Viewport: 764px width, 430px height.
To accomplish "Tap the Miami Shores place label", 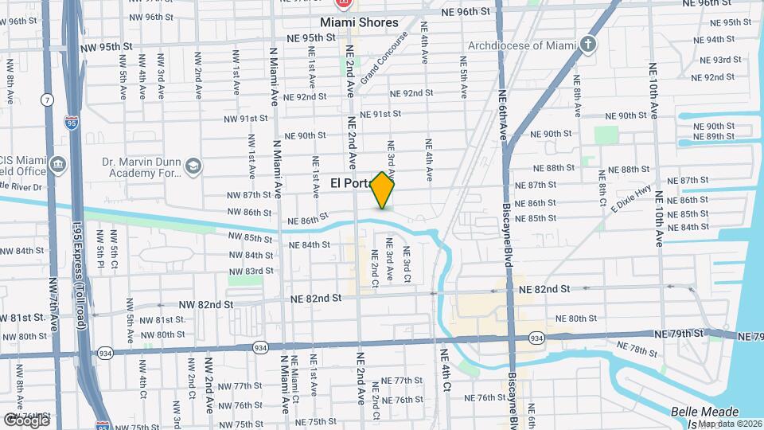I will pos(359,22).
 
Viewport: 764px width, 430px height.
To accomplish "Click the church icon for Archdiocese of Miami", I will pos(588,44).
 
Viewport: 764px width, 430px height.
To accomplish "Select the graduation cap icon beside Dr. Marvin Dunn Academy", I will pos(193,166).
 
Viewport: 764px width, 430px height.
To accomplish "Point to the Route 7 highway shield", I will pos(49,100).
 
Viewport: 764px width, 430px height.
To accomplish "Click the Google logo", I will pos(25,420).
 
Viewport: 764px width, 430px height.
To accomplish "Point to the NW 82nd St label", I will pos(205,304).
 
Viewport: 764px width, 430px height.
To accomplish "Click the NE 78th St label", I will pos(642,350).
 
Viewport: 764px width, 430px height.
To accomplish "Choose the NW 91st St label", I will pos(247,119).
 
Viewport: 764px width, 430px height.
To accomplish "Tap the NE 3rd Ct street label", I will pos(407,265).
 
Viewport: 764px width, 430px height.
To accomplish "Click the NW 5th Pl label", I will pos(101,247).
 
